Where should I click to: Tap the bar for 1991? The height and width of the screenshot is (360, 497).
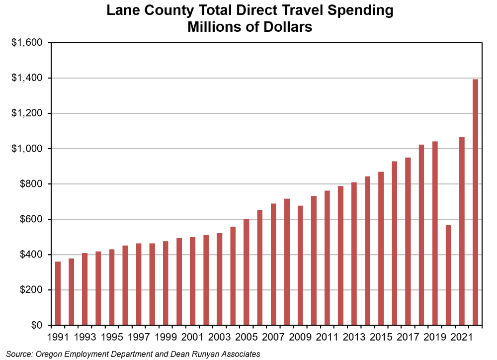pos(58,293)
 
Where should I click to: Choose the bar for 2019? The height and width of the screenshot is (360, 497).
pos(435,233)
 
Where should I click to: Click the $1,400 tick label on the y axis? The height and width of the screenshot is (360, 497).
pos(28,78)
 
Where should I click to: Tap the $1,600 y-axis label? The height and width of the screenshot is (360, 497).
pos(28,43)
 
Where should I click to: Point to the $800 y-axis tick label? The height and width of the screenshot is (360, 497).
pos(31,184)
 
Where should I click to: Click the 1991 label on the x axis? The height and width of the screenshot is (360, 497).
pos(58,338)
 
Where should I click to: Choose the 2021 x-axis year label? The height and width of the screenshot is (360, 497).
pos(462,338)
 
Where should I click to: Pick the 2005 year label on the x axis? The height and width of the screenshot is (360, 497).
pos(247,338)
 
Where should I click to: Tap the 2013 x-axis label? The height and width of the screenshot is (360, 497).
pos(354,338)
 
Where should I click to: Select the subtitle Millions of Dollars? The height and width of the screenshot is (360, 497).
pos(249,27)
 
